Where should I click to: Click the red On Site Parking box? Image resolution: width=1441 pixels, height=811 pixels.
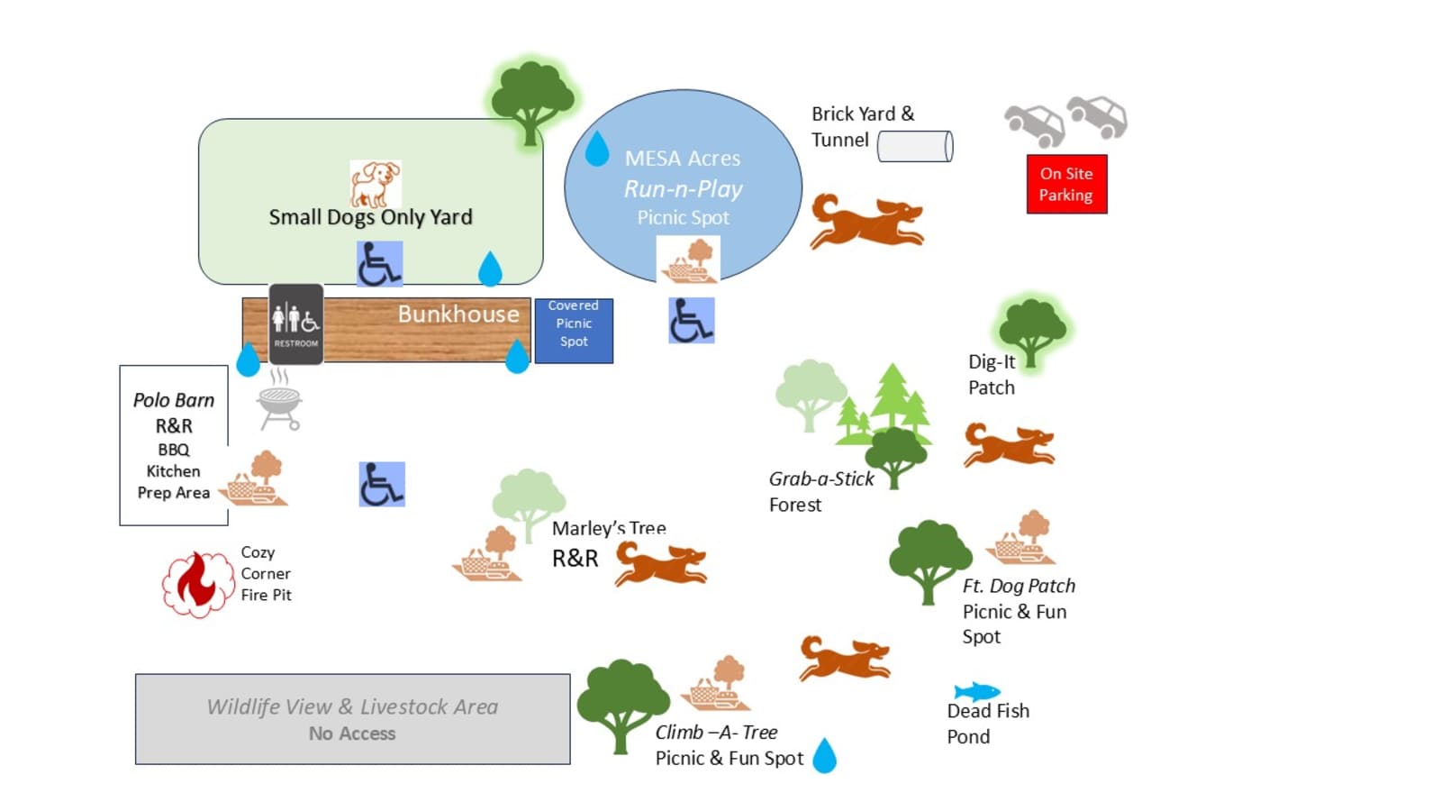(x=1066, y=184)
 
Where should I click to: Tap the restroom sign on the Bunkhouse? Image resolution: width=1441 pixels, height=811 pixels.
(x=296, y=323)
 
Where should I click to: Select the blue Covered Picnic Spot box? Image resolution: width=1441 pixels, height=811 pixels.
(x=574, y=331)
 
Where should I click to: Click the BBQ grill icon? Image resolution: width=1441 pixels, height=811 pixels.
(x=279, y=400)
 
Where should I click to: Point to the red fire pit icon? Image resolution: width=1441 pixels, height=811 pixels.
(x=197, y=585)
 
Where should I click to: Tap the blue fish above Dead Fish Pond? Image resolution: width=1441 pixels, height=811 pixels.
(x=976, y=691)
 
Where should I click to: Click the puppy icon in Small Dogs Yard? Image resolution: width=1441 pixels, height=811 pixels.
(x=376, y=184)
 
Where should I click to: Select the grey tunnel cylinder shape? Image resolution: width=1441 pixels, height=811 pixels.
(x=915, y=146)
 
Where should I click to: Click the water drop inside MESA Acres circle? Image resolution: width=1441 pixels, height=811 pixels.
(x=597, y=149)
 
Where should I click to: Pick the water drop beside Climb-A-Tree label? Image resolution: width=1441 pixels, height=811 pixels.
(x=825, y=755)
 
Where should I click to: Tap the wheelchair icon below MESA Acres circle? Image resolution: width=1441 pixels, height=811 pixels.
(x=692, y=320)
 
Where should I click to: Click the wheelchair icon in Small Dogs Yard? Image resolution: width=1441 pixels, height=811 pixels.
(x=379, y=264)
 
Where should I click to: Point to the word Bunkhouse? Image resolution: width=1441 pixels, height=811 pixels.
(x=458, y=314)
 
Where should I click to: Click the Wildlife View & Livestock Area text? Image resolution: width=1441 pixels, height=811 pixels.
(x=352, y=706)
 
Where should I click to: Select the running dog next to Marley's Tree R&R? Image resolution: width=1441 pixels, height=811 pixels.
(x=661, y=563)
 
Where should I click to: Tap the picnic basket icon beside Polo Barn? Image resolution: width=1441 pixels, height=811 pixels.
(x=253, y=478)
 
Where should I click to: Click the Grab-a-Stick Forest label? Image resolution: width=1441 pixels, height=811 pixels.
(x=821, y=492)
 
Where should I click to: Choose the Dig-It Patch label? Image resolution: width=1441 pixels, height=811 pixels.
(x=992, y=375)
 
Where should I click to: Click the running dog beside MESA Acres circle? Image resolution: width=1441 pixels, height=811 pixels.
(x=866, y=222)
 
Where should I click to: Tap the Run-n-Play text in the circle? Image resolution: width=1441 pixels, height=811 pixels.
(x=684, y=189)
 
